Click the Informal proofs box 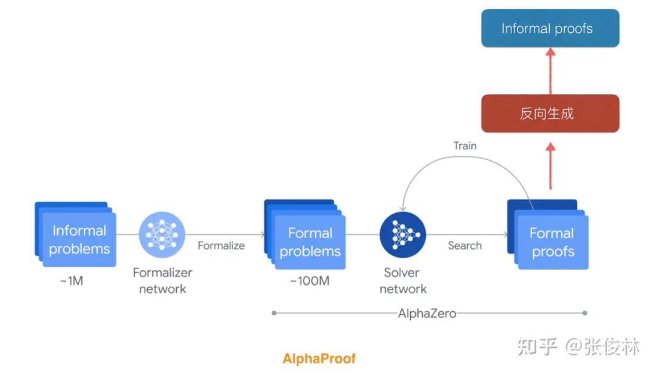550,29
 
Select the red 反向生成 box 550,114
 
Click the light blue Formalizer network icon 162,234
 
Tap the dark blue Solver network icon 403,234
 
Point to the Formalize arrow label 221,245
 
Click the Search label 465,245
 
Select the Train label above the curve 465,146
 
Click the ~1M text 71,281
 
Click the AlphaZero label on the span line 427,313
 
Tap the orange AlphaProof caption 319,358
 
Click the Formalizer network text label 162,281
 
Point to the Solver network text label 403,281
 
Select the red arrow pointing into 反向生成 550,164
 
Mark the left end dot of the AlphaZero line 275,313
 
